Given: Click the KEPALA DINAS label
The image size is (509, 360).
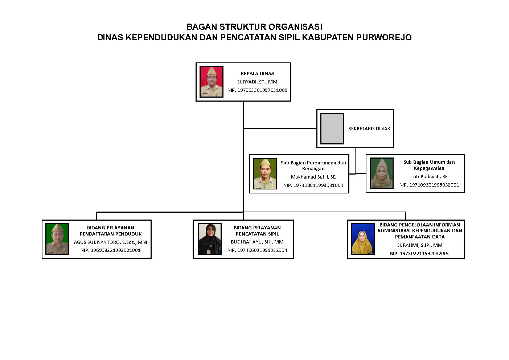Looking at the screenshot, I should [x=257, y=74].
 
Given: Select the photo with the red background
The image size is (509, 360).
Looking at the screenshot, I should [x=212, y=82].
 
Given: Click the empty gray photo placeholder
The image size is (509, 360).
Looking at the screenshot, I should [x=332, y=128].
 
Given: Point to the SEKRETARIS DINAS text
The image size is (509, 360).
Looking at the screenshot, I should [x=369, y=128].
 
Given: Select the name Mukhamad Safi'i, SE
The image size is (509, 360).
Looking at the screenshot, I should [x=313, y=177].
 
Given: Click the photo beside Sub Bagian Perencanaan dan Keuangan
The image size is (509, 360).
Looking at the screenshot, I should [x=265, y=174].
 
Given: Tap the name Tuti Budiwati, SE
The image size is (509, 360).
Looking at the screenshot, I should [x=429, y=177].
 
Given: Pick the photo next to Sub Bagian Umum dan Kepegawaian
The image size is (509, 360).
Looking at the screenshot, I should [x=381, y=173].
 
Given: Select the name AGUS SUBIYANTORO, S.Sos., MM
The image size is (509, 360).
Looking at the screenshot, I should [x=111, y=242].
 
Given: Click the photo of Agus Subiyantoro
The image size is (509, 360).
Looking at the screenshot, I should [x=57, y=239].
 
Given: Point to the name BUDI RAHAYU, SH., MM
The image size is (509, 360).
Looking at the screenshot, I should [x=257, y=242].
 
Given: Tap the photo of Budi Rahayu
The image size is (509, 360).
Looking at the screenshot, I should [x=209, y=239].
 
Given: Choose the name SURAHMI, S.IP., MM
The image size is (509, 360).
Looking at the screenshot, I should [x=420, y=245].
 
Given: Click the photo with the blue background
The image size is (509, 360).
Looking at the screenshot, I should [x=362, y=239].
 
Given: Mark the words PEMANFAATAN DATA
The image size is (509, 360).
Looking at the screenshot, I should [x=420, y=237].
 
